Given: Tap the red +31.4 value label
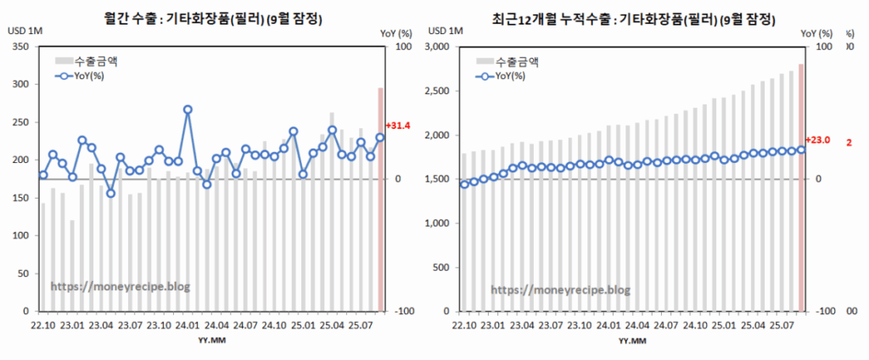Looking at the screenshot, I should (x=397, y=126).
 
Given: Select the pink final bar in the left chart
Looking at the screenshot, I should (x=380, y=200).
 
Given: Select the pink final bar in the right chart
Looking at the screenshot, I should (x=801, y=187).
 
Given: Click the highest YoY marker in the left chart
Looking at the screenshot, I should (x=188, y=110).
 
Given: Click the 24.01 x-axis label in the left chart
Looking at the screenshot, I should (x=188, y=323).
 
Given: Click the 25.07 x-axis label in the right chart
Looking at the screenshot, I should (x=782, y=323).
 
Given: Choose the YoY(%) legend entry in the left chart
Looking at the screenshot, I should (x=82, y=76).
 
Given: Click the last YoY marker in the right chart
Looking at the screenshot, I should (x=801, y=149).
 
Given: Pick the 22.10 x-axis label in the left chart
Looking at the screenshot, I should (x=43, y=323).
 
